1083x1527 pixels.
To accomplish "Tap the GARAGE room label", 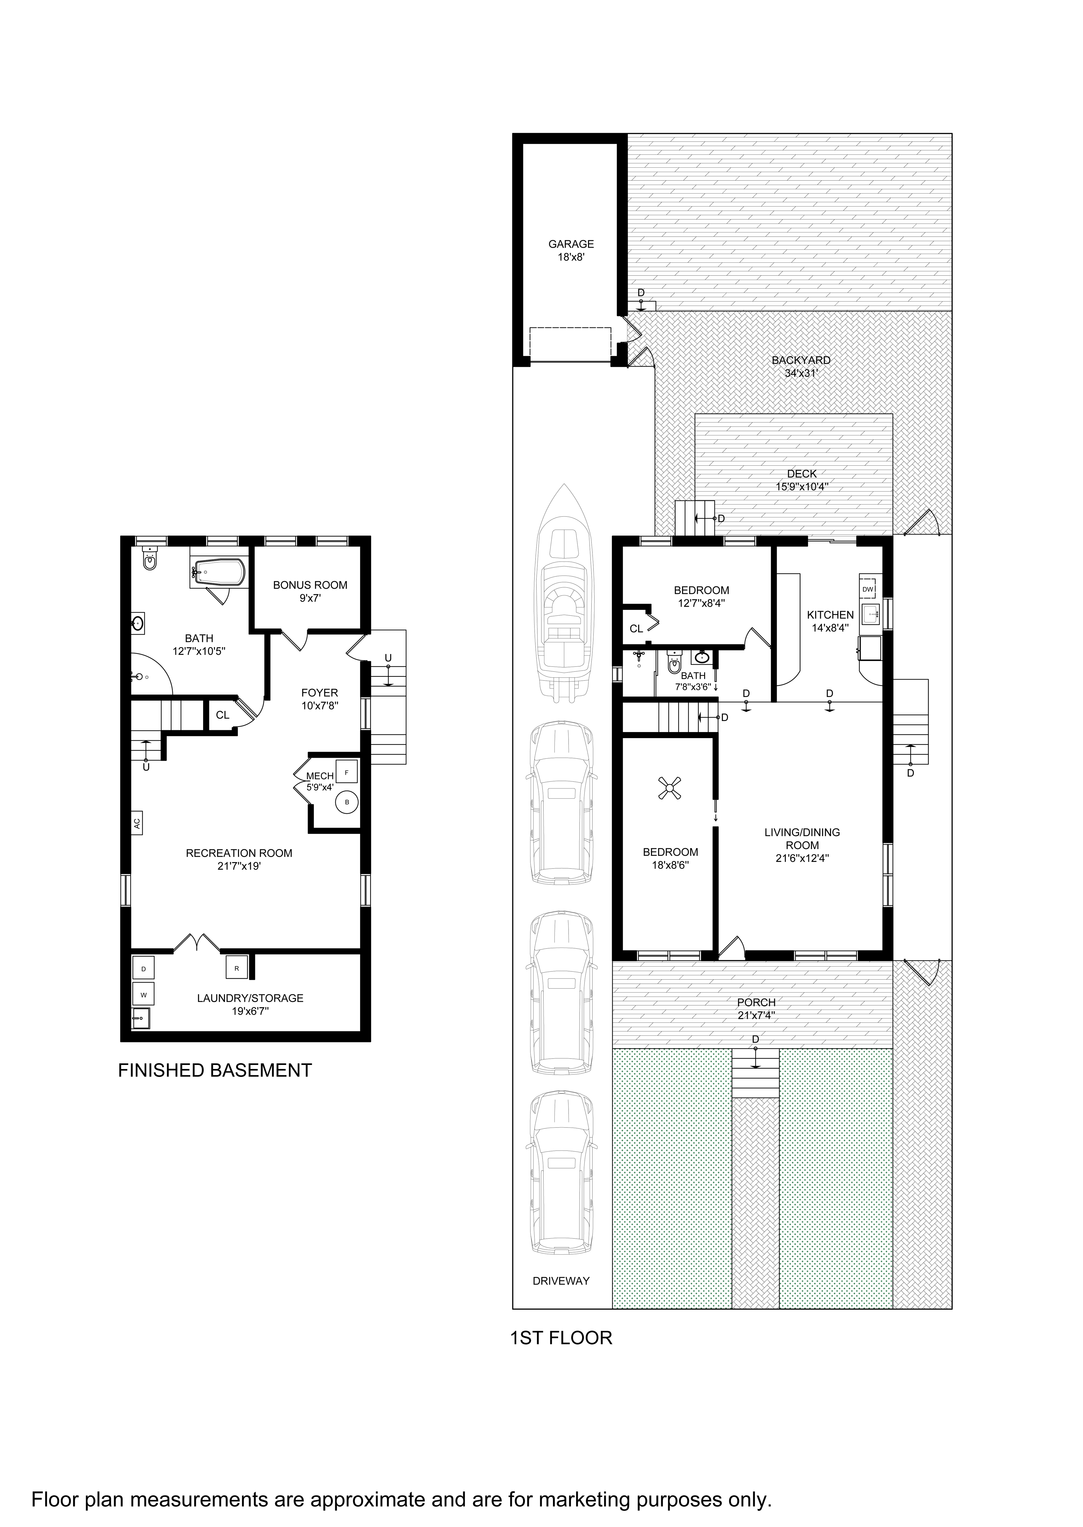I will (x=571, y=244).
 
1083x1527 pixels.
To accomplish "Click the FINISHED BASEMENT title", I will (x=215, y=1070).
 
